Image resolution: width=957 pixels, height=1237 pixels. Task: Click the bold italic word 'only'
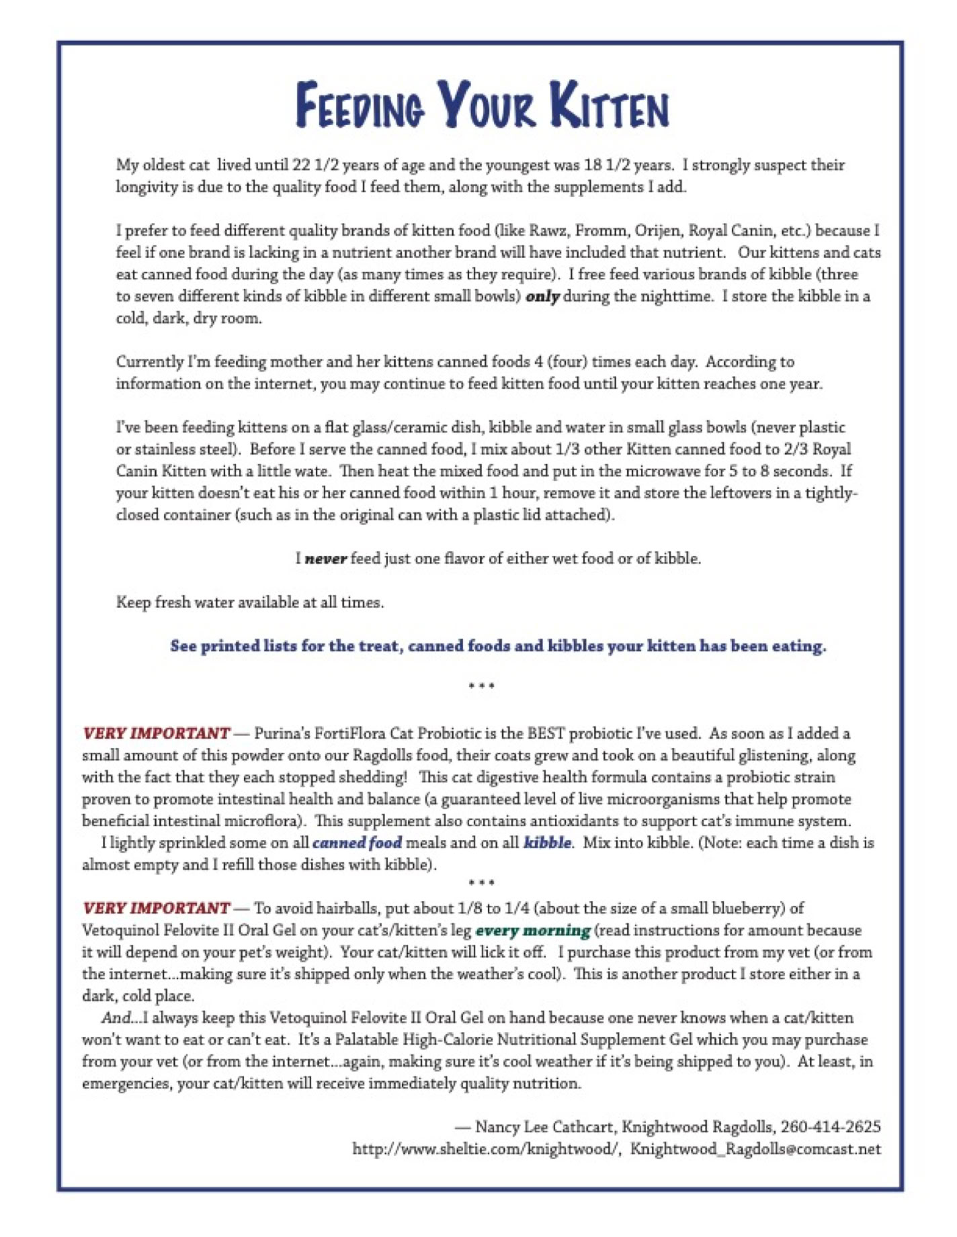coord(542,296)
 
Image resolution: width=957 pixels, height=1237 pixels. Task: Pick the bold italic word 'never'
coord(326,559)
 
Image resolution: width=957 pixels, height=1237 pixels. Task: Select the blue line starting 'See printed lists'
coord(498,646)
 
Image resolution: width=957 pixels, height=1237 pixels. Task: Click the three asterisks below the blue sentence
coord(482,686)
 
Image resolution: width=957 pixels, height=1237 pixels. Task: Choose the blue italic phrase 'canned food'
coord(357,843)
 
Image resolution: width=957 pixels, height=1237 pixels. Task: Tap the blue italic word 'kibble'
coord(547,843)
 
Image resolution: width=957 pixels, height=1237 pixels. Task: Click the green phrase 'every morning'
coord(533,931)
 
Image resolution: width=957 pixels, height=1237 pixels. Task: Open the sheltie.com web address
coord(485,1149)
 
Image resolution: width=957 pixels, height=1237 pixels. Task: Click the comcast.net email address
coord(755,1149)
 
